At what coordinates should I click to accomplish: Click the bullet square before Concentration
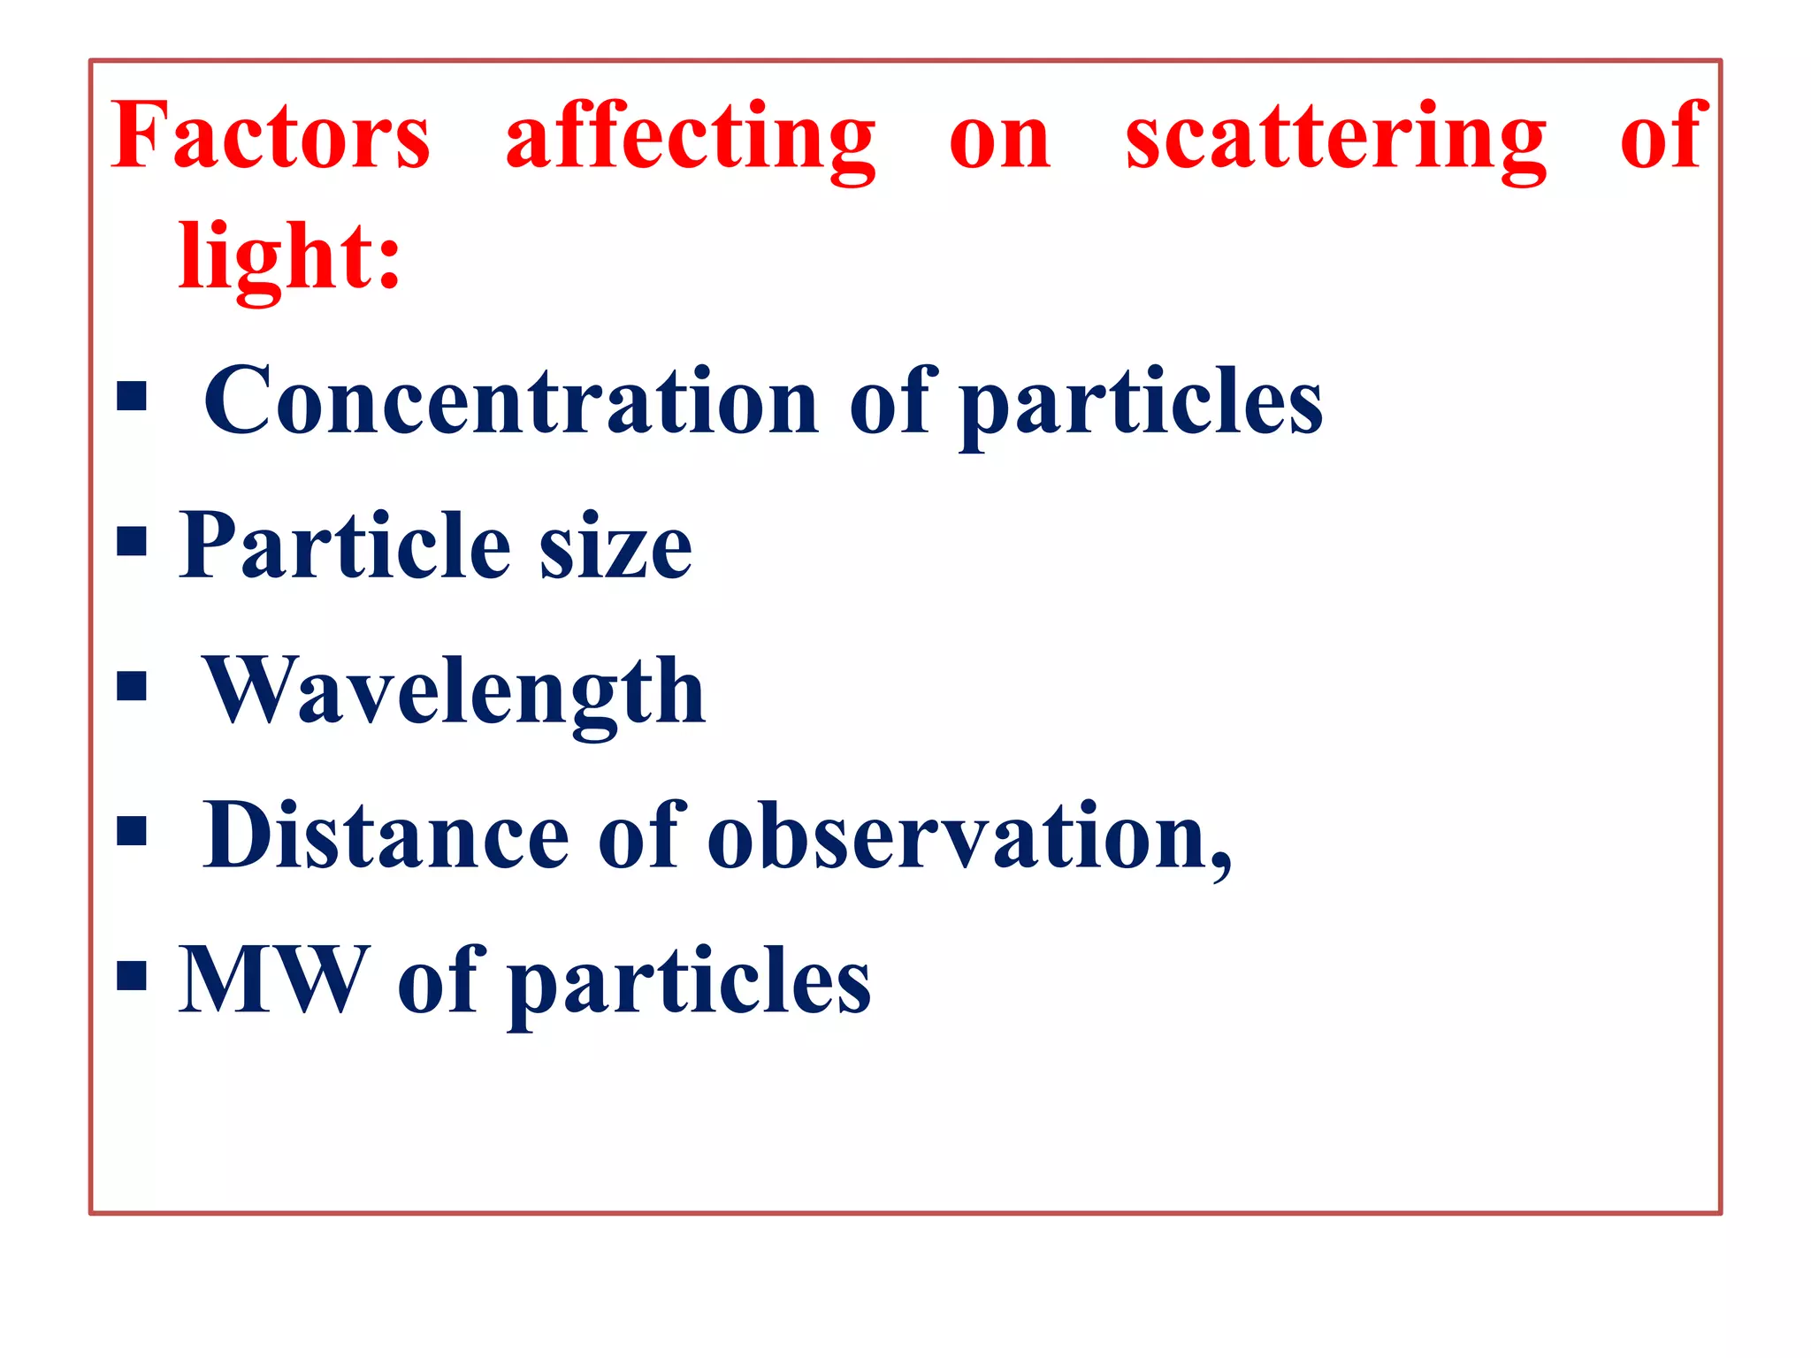pos(132,396)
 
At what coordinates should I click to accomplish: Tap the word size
pos(615,550)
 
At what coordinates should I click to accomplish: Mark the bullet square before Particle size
pos(132,541)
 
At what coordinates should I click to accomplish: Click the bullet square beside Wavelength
pos(132,685)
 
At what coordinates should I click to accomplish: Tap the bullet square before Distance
pos(132,830)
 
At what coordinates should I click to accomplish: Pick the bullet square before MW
pos(132,975)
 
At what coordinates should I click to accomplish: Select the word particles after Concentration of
pos(1141,403)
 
